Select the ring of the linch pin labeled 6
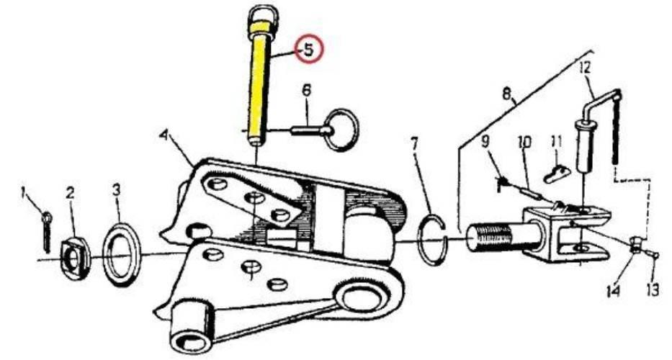[341, 130]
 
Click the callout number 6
[306, 91]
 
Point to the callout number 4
[163, 135]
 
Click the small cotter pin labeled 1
[47, 232]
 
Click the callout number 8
[507, 94]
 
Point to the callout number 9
[485, 141]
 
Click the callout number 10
[524, 142]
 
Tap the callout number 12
[585, 67]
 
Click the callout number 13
[653, 290]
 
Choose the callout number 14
[613, 291]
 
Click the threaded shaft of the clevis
[493, 238]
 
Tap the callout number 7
[414, 144]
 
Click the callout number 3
[117, 189]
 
